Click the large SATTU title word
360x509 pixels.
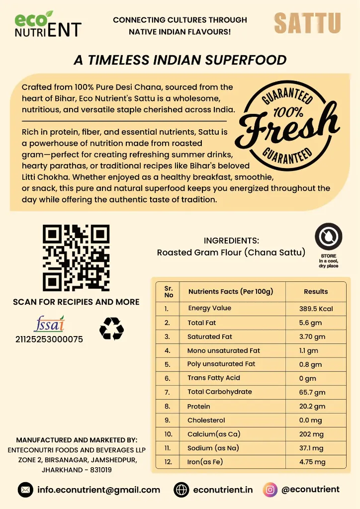click(x=307, y=23)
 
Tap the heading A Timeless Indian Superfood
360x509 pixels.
click(x=180, y=60)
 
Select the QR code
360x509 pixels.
click(x=76, y=258)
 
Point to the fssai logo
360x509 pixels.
click(x=49, y=324)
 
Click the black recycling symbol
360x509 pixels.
click(x=111, y=329)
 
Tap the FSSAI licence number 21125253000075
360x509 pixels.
click(x=49, y=340)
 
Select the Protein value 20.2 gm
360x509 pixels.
click(x=312, y=406)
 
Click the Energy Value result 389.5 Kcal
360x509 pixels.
click(x=316, y=309)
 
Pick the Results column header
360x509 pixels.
click(x=316, y=292)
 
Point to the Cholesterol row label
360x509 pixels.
click(x=206, y=420)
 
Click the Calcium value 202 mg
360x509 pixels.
click(x=312, y=434)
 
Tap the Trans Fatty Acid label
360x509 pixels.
click(x=213, y=378)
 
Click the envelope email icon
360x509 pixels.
click(x=25, y=490)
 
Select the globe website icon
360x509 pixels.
click(x=181, y=490)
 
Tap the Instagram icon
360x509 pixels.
click(x=270, y=490)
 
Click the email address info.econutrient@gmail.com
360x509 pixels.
click(x=99, y=490)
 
